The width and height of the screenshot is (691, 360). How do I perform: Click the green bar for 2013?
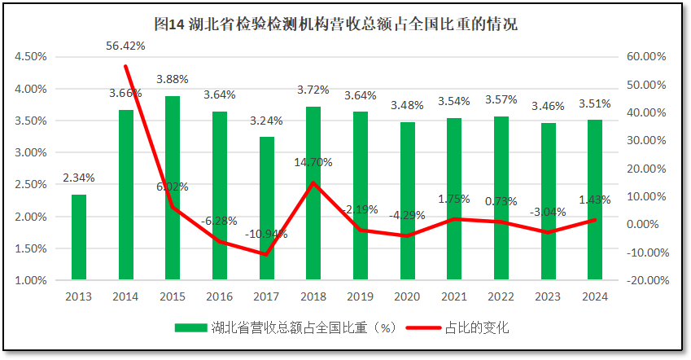coord(79,237)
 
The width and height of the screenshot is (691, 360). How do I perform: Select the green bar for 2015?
coord(173,188)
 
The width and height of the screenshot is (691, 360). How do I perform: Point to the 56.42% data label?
coord(125,45)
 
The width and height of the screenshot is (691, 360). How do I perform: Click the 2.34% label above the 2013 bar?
coord(79,178)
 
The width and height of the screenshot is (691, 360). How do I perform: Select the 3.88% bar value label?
coord(173,79)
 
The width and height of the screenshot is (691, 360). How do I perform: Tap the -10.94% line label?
coord(266,235)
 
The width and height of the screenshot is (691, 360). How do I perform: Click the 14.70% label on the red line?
coord(313,162)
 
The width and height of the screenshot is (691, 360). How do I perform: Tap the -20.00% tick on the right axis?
coord(647,280)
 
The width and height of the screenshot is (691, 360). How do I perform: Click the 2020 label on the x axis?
coord(407,297)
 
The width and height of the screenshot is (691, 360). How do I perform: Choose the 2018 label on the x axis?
coord(313,297)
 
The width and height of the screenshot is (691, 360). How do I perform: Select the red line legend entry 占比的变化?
coord(477,328)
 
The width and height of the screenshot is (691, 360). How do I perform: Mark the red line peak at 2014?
coord(126,66)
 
